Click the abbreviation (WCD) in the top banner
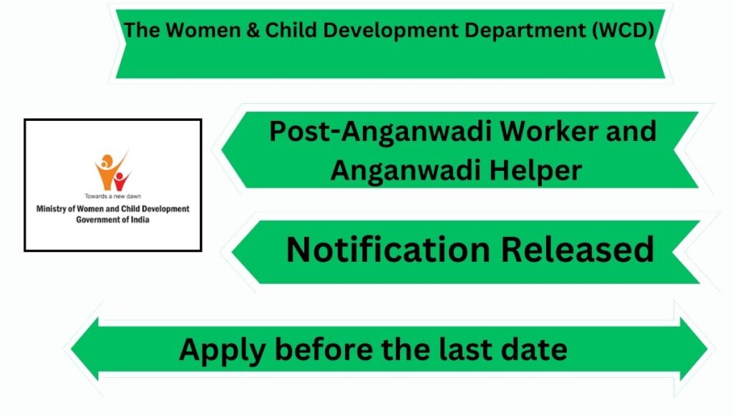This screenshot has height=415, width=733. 623,31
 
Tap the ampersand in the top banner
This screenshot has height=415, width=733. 253,30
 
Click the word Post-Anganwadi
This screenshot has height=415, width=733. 381,132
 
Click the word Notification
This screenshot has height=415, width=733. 388,250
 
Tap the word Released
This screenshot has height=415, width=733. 578,250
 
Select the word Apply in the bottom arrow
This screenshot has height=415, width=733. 223,350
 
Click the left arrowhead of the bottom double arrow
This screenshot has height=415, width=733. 85,348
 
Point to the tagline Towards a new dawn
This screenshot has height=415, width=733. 112,196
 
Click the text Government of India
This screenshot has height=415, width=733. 112,220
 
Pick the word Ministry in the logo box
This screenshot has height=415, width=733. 51,209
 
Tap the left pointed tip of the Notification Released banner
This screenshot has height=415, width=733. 233,252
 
